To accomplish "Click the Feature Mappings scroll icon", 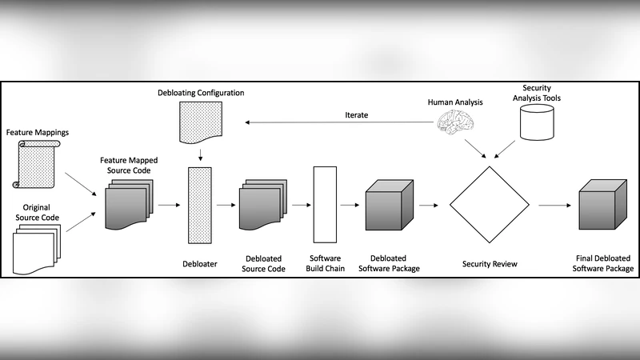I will [x=36, y=164].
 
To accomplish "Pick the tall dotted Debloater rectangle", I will [x=199, y=205].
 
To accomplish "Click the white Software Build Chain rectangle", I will [x=325, y=205].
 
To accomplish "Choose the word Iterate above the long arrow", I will [x=357, y=115].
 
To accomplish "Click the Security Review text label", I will [x=490, y=263].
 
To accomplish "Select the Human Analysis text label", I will [x=454, y=102].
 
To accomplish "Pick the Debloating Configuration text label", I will [x=201, y=94].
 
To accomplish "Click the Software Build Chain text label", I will [x=325, y=263].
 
